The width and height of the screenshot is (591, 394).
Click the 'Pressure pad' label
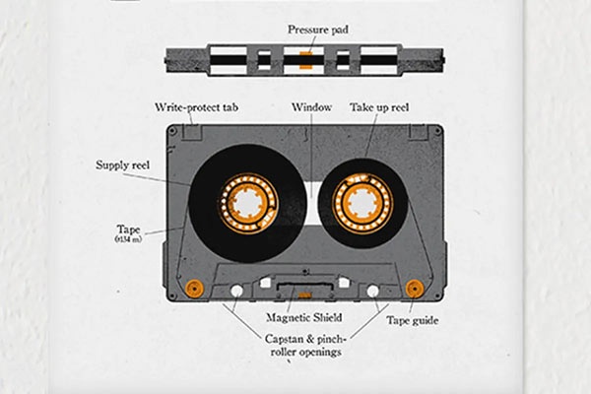tap(316, 30)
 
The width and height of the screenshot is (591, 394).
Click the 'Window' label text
tap(311, 106)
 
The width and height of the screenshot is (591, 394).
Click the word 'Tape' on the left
tap(129, 229)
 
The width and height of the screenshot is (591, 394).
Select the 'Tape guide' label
tap(410, 319)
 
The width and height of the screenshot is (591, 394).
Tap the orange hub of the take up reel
tap(361, 204)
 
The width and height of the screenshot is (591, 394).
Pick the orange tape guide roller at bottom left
tap(194, 289)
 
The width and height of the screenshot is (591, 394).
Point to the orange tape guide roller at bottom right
tap(415, 289)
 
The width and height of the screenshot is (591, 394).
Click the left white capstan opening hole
tap(236, 292)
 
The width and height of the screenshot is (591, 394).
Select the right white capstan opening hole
tap(372, 292)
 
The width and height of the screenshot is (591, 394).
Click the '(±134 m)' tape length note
tap(129, 239)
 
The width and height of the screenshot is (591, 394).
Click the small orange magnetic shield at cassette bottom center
tap(304, 294)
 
